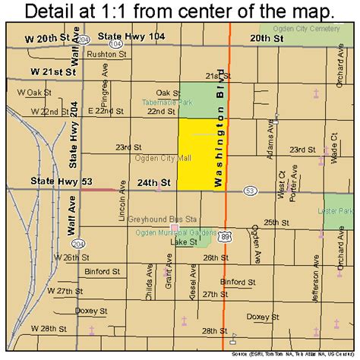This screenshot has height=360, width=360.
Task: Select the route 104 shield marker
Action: pos(115,45)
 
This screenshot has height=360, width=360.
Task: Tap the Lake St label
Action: pos(184,242)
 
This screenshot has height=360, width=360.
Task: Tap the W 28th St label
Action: pos(54,329)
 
